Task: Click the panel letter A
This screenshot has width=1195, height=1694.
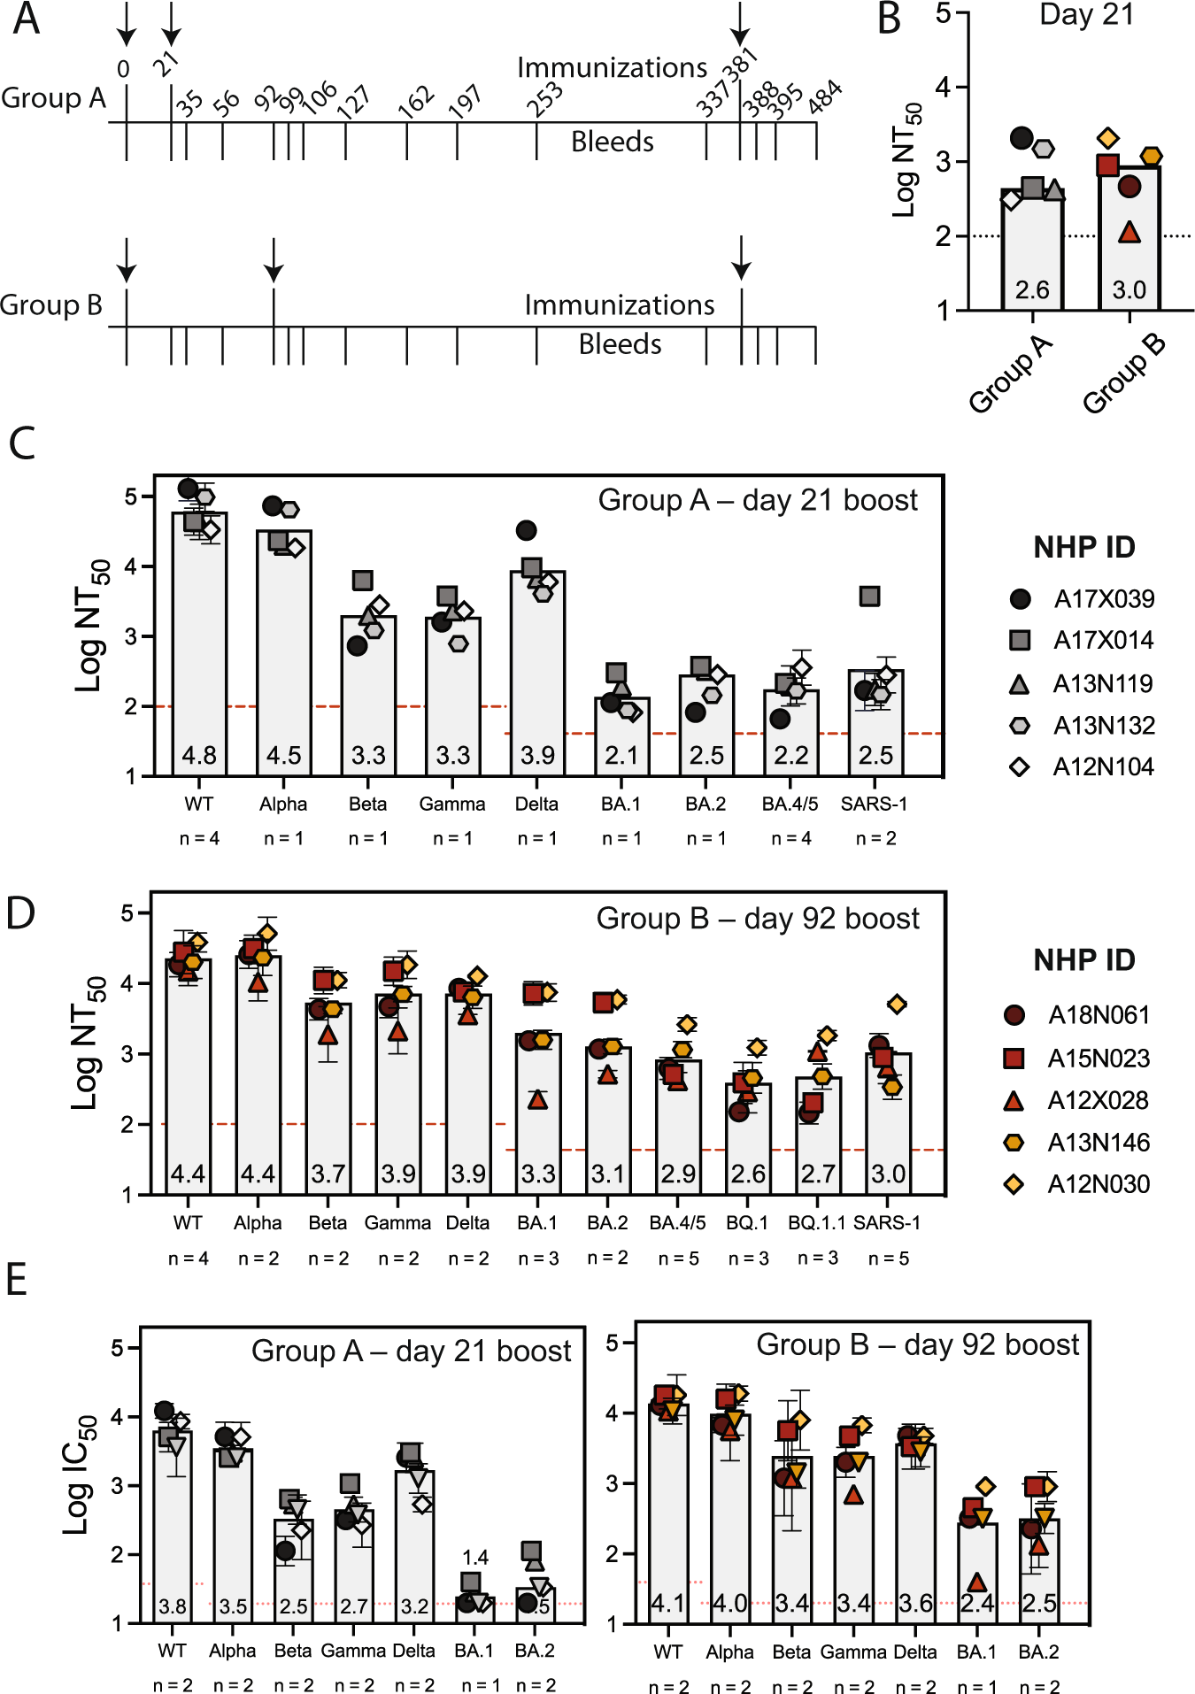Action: [26, 19]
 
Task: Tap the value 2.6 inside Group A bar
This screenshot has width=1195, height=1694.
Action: [1032, 290]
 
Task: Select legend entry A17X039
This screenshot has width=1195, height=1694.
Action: [1103, 599]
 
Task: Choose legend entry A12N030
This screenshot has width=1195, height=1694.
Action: [1099, 1184]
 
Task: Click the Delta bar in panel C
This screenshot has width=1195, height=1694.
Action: [537, 673]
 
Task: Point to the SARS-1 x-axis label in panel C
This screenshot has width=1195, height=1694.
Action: [874, 804]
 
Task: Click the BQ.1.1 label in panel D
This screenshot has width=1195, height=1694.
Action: [817, 1222]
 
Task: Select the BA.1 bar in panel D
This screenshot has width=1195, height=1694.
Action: [537, 1115]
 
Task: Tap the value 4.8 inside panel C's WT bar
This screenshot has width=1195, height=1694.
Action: [199, 755]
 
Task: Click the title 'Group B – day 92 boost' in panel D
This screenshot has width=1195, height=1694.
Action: [758, 919]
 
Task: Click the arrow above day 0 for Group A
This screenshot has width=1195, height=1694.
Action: [127, 25]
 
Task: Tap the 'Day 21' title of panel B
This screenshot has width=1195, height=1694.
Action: [1086, 15]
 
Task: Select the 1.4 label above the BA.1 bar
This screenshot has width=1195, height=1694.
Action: [475, 1556]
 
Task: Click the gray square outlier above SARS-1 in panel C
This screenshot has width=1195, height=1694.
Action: [870, 597]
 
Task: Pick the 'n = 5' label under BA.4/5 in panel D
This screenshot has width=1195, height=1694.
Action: [678, 1259]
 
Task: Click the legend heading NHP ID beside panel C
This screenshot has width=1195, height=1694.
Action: [1083, 548]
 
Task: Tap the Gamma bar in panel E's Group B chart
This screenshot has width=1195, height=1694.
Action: [853, 1540]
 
